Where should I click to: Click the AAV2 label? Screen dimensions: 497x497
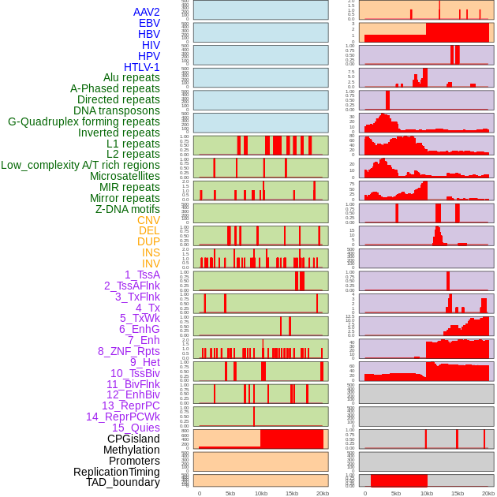coord(146,12)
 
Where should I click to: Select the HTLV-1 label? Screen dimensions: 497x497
coord(141,67)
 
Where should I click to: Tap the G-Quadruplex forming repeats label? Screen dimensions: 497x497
coord(84,121)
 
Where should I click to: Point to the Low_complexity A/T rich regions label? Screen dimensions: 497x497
coord(80,165)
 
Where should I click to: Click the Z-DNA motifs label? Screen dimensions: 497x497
coord(127,209)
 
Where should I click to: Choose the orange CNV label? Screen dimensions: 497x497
coord(148,220)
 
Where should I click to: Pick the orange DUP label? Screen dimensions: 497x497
coord(148,241)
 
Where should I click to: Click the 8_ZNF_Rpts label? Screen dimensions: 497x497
coord(129,351)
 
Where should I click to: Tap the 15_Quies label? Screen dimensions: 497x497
coord(136,428)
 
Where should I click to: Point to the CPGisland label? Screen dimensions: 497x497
coord(133,439)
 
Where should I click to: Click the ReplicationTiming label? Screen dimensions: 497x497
coord(117,472)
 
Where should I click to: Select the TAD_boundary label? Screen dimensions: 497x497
coord(123,482)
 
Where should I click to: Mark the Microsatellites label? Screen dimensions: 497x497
coord(125,176)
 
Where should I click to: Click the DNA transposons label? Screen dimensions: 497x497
coord(117,110)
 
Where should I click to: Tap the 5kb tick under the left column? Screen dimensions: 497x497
coord(230,493)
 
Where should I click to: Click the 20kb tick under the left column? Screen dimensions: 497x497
coord(323,493)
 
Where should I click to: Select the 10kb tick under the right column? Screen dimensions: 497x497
coord(427,493)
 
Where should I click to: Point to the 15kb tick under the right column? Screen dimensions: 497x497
coord(458,493)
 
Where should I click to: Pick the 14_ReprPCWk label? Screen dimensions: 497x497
coord(123,417)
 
